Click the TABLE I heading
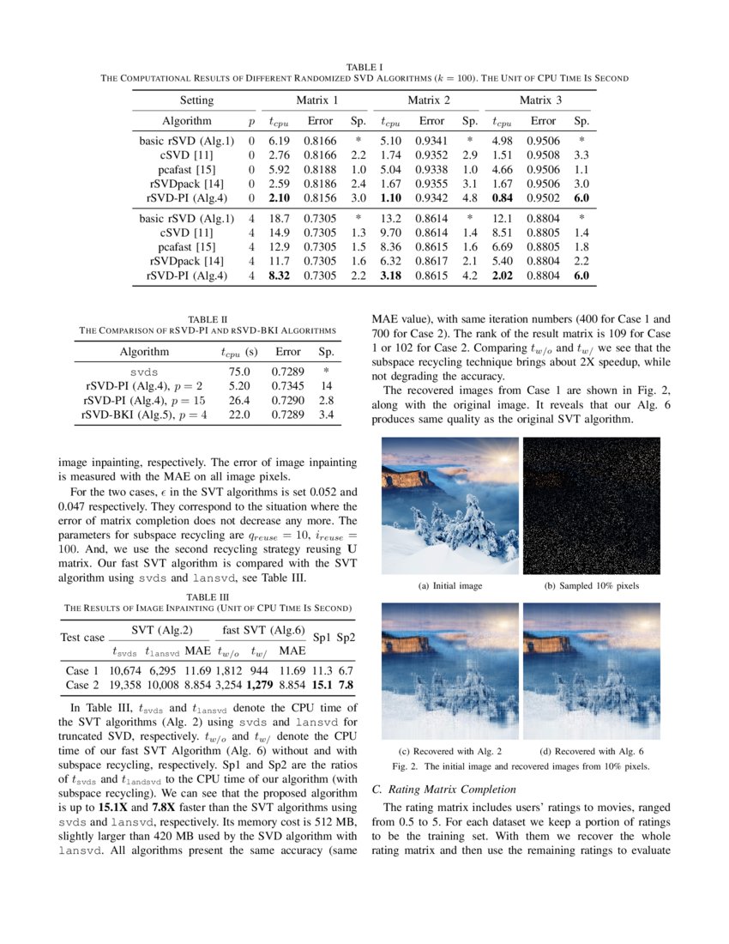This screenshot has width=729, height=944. [x=364, y=66]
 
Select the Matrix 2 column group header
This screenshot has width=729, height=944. [x=423, y=100]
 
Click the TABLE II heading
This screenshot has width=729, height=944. [x=208, y=319]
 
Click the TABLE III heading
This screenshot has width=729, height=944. [x=208, y=596]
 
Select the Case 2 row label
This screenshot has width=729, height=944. [x=82, y=685]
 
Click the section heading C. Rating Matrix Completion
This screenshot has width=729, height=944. [x=444, y=789]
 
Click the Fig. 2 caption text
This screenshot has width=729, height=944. [x=520, y=765]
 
